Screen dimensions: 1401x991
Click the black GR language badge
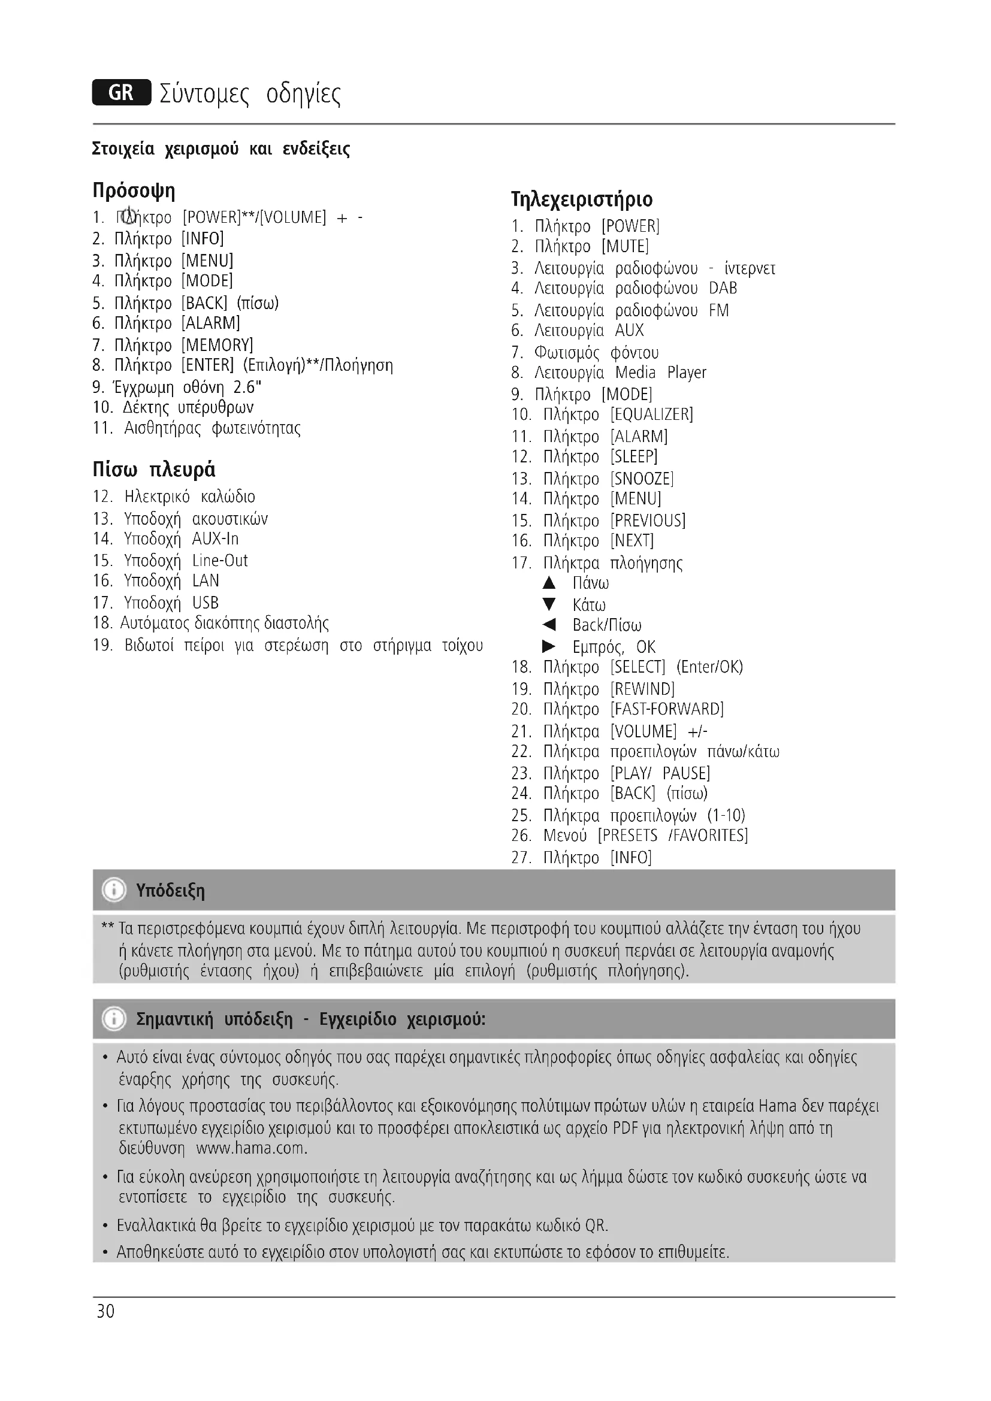[x=122, y=93]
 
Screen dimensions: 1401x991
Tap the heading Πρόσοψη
[x=134, y=190]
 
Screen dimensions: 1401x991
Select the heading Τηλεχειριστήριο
[x=582, y=199]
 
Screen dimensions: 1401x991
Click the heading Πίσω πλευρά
[x=154, y=469]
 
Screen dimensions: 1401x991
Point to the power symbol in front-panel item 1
[x=128, y=216]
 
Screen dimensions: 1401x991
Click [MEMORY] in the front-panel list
[x=217, y=345]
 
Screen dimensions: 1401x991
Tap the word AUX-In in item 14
[x=216, y=539]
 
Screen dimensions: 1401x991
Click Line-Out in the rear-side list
[x=220, y=560]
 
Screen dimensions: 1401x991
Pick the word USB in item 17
[x=205, y=603]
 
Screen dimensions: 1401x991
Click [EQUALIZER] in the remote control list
[x=652, y=414]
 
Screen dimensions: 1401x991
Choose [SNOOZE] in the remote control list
[x=642, y=479]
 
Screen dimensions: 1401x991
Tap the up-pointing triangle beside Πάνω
[x=549, y=583]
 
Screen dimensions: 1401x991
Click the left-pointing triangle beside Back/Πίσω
[x=549, y=624]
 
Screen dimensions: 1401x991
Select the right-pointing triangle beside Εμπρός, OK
[x=549, y=646]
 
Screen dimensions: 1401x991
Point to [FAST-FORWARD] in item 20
[x=667, y=709]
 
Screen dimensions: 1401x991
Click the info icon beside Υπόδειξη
[x=114, y=890]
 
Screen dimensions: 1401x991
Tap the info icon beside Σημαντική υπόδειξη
[x=114, y=1019]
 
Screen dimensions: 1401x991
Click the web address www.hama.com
[x=252, y=1148]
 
